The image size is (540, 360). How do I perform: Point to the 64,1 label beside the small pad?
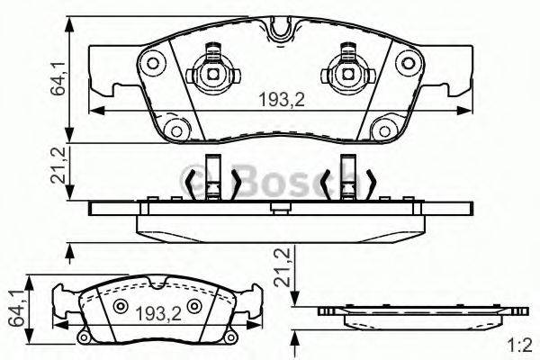point(14,306)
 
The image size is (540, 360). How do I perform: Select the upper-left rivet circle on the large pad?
point(153,63)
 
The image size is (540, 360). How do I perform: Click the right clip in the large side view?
point(346,179)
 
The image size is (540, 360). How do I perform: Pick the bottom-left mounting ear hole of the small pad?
point(83,337)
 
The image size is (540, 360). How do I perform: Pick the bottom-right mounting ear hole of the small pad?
point(236,337)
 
